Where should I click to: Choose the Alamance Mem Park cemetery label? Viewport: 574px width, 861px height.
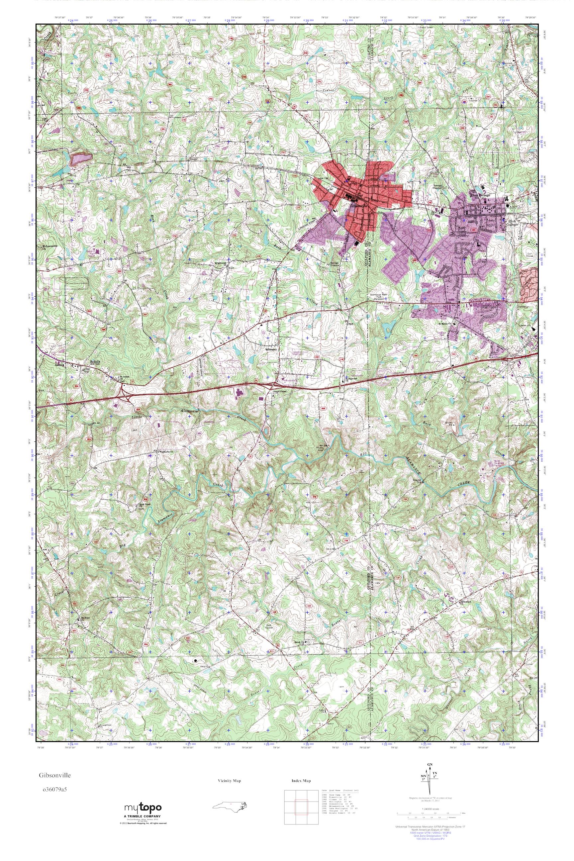(x=378, y=297)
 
